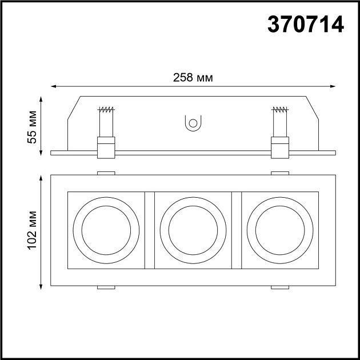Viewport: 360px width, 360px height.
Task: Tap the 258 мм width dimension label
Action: pos(193,78)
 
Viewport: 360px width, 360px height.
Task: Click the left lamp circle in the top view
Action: pos(106,230)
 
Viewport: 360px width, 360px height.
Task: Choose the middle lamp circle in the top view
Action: pos(193,230)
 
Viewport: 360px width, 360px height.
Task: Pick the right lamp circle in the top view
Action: pos(280,230)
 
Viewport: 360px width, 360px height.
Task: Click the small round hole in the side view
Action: pos(193,123)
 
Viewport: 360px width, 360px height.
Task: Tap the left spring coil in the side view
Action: pos(106,110)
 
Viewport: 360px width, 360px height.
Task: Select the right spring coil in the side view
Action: pos(279,110)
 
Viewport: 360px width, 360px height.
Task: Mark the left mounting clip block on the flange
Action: pos(106,147)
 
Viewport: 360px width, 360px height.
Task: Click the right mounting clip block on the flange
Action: pos(279,147)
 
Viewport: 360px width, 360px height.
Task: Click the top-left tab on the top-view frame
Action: pos(106,173)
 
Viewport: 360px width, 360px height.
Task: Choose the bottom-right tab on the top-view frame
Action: pos(279,287)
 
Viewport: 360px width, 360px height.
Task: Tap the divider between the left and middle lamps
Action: pos(150,230)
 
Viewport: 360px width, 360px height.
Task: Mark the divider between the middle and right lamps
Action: pos(237,230)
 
